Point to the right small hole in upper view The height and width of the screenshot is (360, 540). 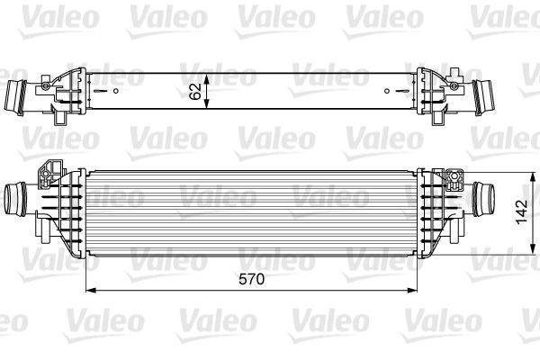click(387, 91)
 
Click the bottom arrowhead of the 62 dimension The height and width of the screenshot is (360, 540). click(209, 109)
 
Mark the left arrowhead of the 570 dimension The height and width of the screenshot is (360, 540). click(89, 291)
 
